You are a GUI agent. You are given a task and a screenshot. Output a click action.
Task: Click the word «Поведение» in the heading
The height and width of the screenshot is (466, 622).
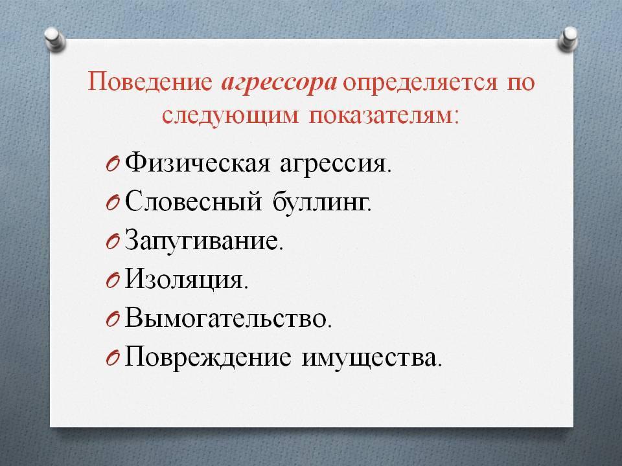[x=150, y=82]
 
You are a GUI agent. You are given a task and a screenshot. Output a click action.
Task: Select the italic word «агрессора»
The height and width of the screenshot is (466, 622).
[x=279, y=84]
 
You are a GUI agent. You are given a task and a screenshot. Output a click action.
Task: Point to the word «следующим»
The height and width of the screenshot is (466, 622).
[x=230, y=116]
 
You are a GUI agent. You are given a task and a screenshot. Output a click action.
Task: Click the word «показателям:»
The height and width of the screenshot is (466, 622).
[x=384, y=116]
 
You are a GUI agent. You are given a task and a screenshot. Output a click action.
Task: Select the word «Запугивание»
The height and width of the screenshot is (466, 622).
[x=204, y=241]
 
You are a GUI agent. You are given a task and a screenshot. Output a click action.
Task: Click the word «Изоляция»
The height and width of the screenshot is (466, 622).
[x=187, y=280]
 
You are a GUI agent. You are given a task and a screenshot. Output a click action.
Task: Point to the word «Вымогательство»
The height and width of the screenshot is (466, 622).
[x=228, y=318]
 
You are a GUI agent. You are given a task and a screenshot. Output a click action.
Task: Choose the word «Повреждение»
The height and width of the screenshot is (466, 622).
[x=208, y=357]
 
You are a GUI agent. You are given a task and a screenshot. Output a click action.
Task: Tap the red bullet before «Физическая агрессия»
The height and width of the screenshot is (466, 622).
[x=113, y=164]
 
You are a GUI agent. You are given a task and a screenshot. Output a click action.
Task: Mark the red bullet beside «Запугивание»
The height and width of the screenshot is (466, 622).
[x=113, y=241]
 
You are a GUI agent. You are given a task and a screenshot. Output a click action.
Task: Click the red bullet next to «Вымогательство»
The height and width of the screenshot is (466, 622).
[x=113, y=319]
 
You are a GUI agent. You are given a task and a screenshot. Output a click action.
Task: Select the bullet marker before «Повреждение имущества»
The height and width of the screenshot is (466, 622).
[x=113, y=358]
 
